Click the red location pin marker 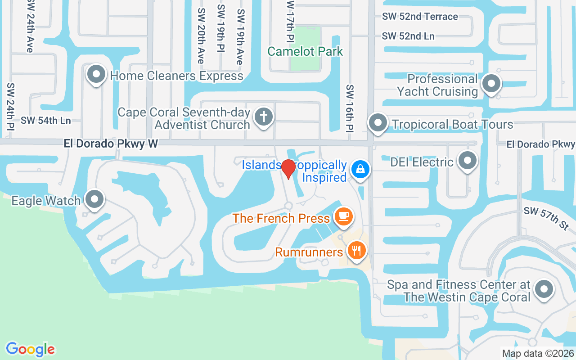click(x=288, y=170)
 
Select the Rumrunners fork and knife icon click(x=357, y=250)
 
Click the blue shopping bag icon click(x=360, y=169)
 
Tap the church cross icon click(x=264, y=117)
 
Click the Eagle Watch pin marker click(x=94, y=198)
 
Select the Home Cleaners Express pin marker click(x=96, y=74)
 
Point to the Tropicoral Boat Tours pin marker click(x=378, y=122)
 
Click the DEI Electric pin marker click(x=468, y=160)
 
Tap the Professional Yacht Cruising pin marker click(x=491, y=84)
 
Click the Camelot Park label click(x=305, y=51)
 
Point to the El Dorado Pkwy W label click(x=111, y=144)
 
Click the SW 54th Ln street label click(x=46, y=121)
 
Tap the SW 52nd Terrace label click(x=420, y=17)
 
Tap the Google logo click(x=30, y=349)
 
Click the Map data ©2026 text click(x=538, y=354)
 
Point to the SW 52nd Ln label click(x=408, y=36)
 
